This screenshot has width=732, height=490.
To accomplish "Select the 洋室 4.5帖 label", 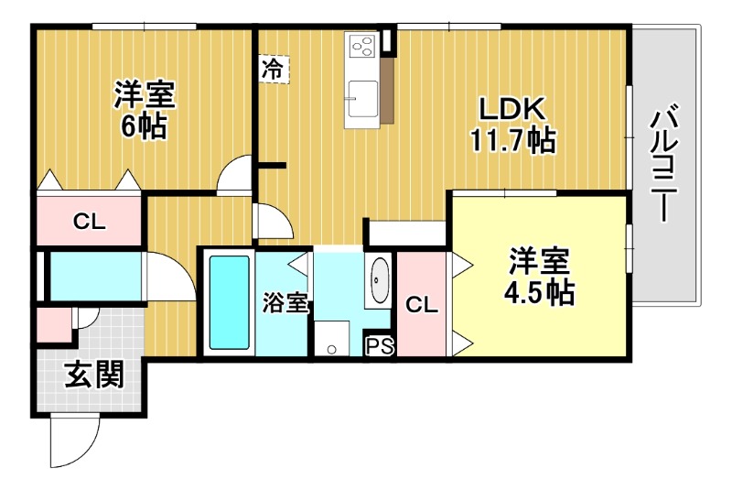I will tap(540, 277).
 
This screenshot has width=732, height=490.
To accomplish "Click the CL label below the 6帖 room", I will tap(90, 222).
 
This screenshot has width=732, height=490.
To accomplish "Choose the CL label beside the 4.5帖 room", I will tap(422, 303).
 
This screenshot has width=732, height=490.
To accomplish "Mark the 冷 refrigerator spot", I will tap(273, 68).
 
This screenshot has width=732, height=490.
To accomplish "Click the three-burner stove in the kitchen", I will tap(361, 46).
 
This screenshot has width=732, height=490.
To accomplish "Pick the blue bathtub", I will tap(229, 302).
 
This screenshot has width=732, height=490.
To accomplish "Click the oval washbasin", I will tap(379, 282).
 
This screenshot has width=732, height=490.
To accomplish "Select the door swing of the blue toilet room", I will tap(169, 275).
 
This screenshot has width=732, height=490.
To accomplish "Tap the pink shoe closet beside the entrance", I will tap(53, 326).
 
